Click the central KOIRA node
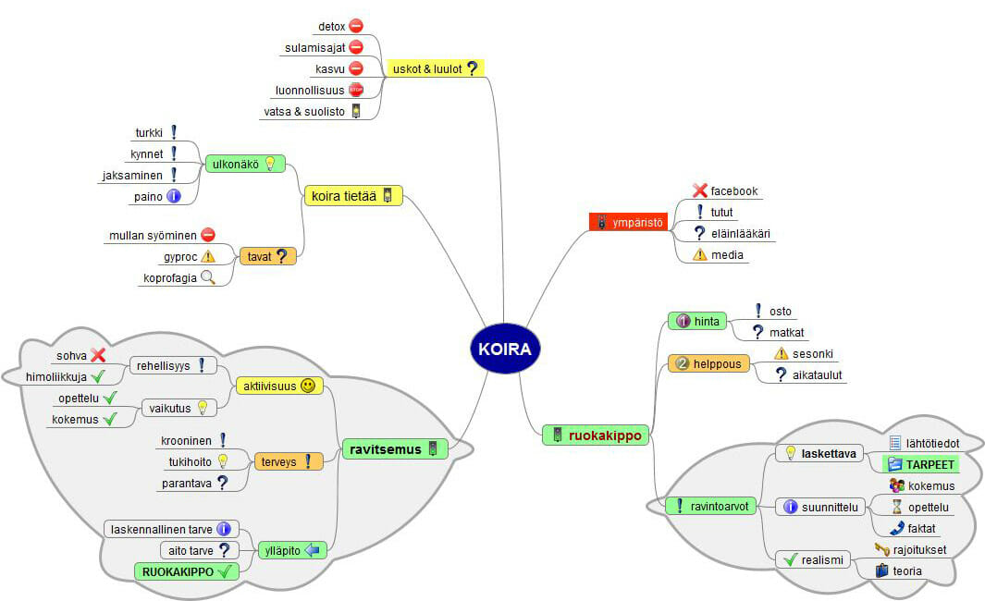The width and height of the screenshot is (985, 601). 505,349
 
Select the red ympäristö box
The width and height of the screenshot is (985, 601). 628,222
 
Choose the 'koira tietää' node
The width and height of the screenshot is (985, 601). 353,195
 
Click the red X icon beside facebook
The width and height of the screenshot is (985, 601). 700,191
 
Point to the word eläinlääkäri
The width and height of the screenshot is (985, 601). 740,233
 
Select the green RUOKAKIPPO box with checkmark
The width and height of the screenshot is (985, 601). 186,571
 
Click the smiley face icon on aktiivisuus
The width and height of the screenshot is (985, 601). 308,385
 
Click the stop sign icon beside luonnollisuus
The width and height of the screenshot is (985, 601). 356,90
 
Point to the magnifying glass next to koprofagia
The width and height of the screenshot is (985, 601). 208,276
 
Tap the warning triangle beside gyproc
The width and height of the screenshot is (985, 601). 208,256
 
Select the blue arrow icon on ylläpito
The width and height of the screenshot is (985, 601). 312,550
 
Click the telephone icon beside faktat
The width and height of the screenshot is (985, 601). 896,528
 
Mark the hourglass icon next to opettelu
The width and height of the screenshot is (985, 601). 896,507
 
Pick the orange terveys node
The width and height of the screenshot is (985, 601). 288,460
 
